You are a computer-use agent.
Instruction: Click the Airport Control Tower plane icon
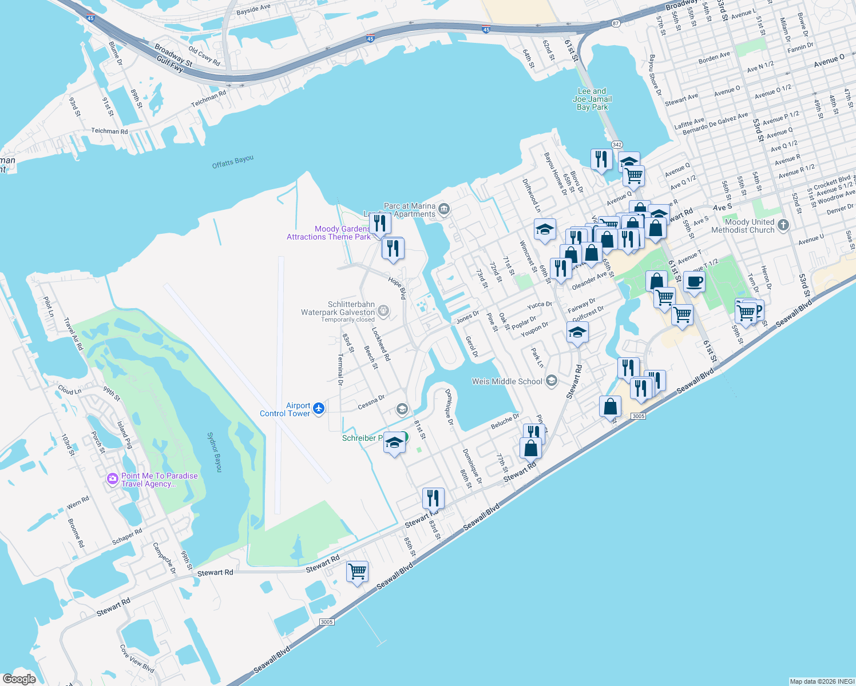pos(319,409)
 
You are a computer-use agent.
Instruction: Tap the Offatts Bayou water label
pos(232,162)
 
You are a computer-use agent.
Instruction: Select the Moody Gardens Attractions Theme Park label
pos(329,233)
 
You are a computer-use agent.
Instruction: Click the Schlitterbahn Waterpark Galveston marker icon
pos(383,312)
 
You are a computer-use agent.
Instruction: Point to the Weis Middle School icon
pos(552,381)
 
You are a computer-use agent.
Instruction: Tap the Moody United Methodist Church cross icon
pos(783,225)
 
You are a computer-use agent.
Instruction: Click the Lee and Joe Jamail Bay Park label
pos(592,99)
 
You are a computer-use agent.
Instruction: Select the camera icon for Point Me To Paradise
pos(113,478)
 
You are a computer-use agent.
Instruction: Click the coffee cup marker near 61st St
pos(694,282)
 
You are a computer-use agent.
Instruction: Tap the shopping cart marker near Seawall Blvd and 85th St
pos(357,571)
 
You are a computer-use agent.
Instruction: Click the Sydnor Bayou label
pos(214,452)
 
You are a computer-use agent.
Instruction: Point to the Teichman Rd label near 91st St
pos(109,131)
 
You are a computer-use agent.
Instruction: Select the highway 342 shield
pos(617,145)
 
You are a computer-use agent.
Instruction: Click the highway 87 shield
pos(615,23)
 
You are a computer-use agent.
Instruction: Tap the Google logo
pos(19,679)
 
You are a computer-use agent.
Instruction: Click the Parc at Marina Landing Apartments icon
pos(444,210)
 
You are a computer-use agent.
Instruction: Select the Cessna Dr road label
pos(371,402)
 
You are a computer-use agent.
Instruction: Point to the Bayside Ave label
pos(253,10)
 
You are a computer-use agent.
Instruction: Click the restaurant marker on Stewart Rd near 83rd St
pos(433,498)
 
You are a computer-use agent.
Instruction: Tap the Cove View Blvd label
pos(137,659)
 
